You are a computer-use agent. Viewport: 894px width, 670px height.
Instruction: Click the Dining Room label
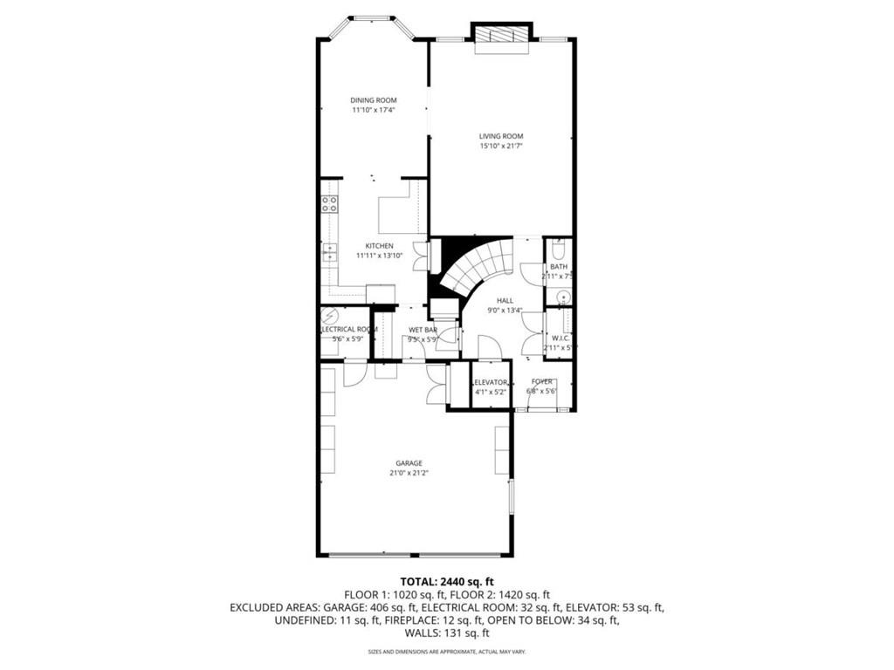click(374, 100)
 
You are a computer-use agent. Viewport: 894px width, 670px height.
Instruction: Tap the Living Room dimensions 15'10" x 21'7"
click(500, 147)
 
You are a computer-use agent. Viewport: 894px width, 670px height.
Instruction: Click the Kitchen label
click(379, 246)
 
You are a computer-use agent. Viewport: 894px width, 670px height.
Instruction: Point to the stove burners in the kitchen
click(329, 204)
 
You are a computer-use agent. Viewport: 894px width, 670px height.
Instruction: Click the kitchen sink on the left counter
click(329, 252)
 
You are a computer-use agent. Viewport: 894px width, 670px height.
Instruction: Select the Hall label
click(505, 300)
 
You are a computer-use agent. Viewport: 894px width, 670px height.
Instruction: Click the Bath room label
click(559, 266)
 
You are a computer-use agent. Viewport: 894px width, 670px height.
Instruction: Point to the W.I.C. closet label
click(560, 338)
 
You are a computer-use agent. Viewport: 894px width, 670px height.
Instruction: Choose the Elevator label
click(489, 382)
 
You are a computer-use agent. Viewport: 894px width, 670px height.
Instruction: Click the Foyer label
click(542, 382)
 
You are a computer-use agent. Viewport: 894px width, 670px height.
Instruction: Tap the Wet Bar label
click(423, 330)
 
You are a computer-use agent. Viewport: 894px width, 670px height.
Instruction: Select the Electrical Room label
click(348, 329)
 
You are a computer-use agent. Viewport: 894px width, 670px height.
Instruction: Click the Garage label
click(409, 463)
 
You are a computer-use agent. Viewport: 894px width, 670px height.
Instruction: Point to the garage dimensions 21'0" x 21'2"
click(409, 473)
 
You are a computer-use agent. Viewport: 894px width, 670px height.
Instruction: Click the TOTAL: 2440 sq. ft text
click(447, 581)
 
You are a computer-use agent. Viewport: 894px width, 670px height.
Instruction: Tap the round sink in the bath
click(560, 297)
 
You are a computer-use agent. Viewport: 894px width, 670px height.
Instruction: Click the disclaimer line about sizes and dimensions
click(447, 652)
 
